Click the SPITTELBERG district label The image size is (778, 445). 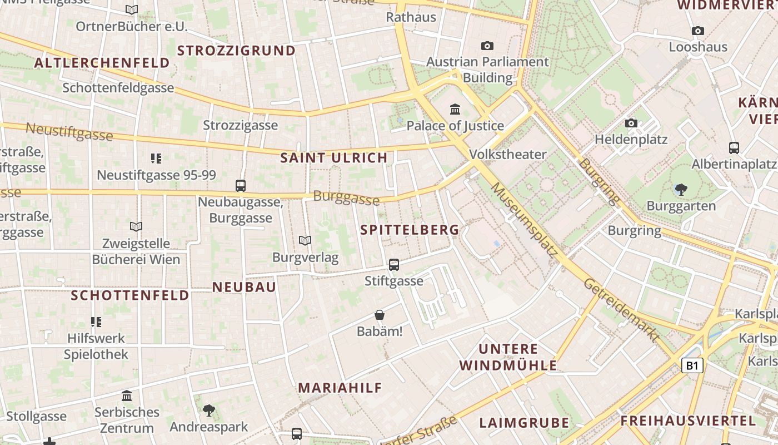click(410, 230)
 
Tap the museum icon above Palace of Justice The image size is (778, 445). click(455, 109)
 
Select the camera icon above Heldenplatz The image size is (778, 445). click(631, 123)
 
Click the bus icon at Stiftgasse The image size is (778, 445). click(394, 265)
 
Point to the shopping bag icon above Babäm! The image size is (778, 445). click(380, 315)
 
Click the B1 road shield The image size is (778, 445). click(692, 365)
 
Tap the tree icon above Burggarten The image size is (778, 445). click(681, 190)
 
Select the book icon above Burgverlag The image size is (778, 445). click(305, 240)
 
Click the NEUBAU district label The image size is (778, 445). click(244, 287)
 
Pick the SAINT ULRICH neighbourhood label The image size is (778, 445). click(333, 158)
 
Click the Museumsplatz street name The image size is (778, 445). click(523, 219)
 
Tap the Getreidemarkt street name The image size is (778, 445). click(621, 310)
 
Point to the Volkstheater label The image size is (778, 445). click(508, 154)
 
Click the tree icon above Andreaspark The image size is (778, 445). click(209, 411)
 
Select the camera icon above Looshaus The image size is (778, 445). click(698, 31)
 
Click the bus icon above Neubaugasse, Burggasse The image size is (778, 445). click(241, 186)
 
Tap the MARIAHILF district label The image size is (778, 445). click(340, 388)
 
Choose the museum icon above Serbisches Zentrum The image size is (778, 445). click(127, 396)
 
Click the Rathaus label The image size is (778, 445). click(411, 17)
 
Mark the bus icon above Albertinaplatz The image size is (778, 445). click(734, 148)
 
